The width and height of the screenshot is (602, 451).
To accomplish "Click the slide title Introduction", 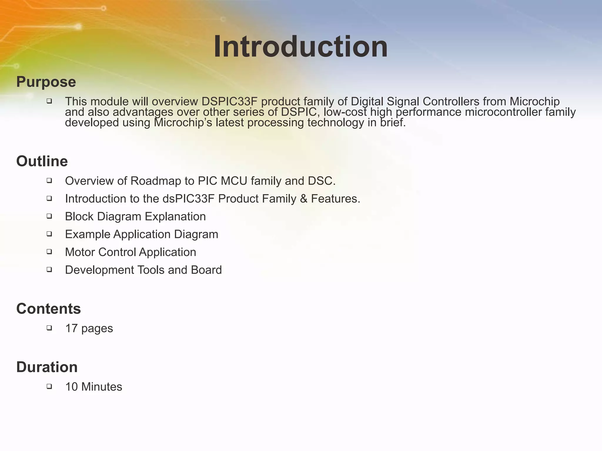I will [x=300, y=47].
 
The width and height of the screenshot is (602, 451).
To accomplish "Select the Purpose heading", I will [x=46, y=82].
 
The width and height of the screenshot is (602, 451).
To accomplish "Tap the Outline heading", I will [x=42, y=161].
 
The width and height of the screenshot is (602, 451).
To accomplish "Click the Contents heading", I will [x=49, y=309].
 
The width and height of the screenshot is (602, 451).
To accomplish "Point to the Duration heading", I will [x=47, y=367].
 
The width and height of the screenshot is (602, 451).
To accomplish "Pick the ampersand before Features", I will [x=304, y=199].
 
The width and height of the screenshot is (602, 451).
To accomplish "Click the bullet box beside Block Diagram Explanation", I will [x=49, y=216].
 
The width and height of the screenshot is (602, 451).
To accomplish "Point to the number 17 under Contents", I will [x=71, y=329].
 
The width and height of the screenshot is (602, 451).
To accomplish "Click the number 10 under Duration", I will [x=71, y=387].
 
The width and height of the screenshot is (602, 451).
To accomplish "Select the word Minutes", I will [x=102, y=387].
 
